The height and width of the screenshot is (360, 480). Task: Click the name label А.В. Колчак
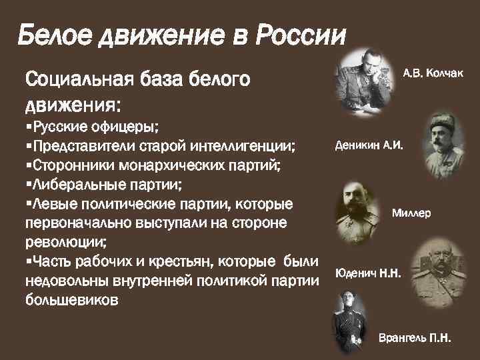[x=432, y=71]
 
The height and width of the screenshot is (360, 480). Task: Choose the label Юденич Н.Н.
[x=368, y=273]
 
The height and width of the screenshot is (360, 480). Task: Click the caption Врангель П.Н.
[x=415, y=338]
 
